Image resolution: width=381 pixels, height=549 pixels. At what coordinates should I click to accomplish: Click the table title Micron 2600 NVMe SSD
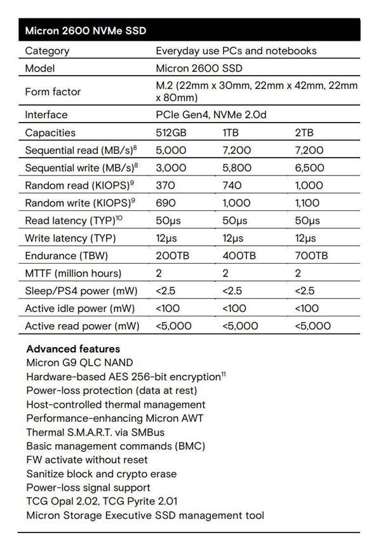tap(85, 30)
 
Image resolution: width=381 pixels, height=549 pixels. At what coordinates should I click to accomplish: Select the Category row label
tap(47, 51)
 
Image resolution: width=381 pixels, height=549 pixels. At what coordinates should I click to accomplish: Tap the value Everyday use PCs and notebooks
tap(236, 51)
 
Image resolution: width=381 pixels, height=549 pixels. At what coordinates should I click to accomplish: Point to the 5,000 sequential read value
tap(171, 151)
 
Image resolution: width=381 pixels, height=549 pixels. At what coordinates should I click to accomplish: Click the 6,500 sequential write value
tap(310, 168)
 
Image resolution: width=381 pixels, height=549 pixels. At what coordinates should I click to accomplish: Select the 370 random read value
tap(164, 186)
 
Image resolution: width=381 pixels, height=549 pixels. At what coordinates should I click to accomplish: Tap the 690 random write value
tap(164, 203)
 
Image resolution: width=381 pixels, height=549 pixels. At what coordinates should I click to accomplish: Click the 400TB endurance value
tap(239, 255)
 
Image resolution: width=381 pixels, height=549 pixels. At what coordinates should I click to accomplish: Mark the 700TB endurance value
tap(312, 255)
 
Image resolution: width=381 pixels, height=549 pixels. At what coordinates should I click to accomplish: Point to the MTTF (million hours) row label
tap(72, 273)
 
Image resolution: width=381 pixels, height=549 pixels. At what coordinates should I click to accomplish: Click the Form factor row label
tap(53, 91)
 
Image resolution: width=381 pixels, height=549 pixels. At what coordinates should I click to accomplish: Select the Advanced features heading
tap(73, 349)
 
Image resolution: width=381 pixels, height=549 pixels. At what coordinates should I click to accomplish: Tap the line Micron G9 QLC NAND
tap(79, 363)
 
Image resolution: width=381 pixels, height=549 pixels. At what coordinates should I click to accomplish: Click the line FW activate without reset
tap(88, 459)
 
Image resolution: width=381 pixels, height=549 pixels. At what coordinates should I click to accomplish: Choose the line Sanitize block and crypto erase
tap(101, 473)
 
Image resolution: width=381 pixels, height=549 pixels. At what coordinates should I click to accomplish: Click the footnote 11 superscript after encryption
tap(223, 374)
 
